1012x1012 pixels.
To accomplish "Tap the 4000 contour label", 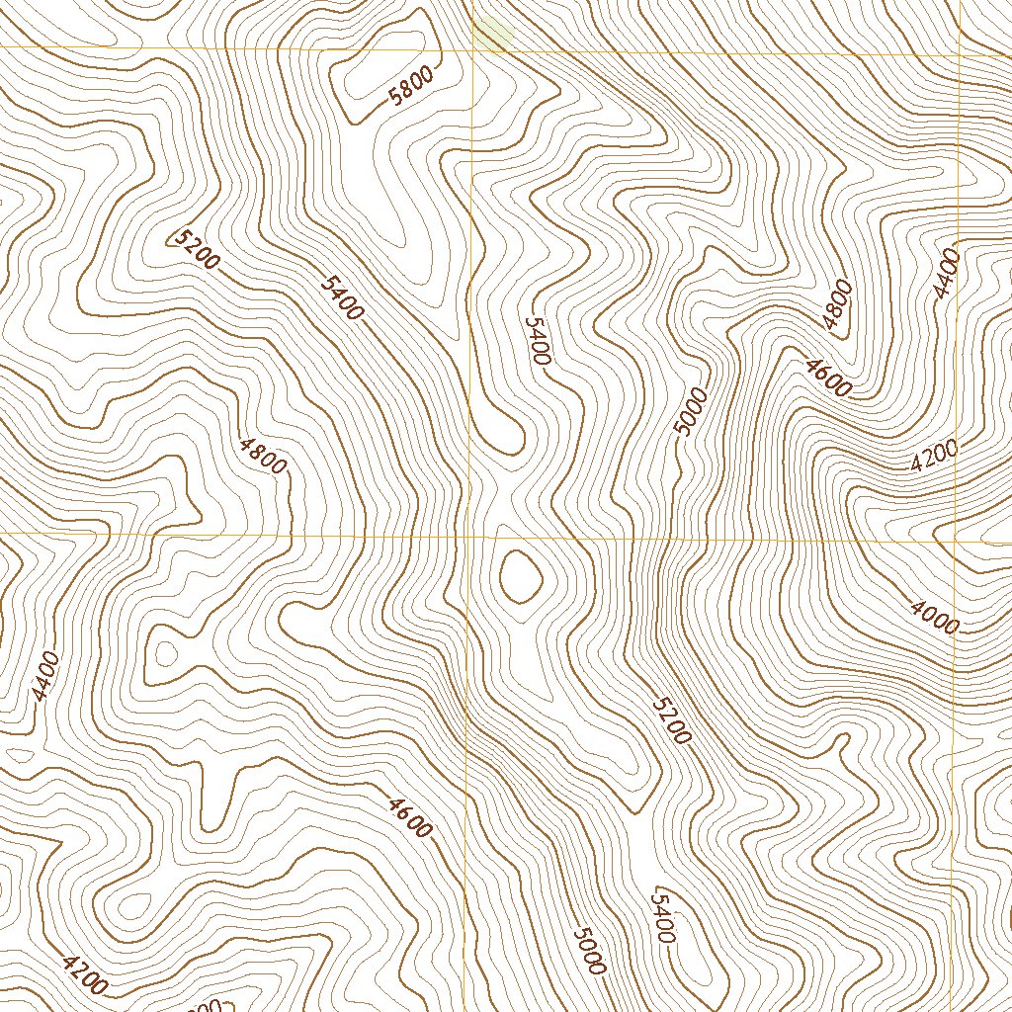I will click(934, 619).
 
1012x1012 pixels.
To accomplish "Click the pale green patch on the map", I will click(493, 32).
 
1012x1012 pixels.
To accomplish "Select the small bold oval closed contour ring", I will click(520, 576).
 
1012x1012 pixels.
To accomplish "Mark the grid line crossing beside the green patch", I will click(473, 49).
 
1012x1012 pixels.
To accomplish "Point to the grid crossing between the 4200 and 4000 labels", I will click(955, 540).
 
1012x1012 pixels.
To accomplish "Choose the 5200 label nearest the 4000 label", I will click(672, 719).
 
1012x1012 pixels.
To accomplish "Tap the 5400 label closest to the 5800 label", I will click(343, 296).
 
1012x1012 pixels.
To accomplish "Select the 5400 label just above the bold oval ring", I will click(538, 341).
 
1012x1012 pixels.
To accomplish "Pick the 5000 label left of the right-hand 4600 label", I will click(691, 411).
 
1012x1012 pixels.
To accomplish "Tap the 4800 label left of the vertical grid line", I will click(262, 454).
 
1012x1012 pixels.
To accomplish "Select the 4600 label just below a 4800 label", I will click(827, 379).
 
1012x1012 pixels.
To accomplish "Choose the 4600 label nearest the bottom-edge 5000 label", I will click(410, 817).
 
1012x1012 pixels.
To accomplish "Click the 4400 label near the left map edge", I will click(45, 677).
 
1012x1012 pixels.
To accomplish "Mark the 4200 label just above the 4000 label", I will click(934, 456).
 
